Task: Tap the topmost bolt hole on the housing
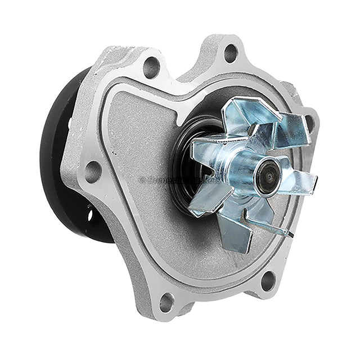tap(231, 53)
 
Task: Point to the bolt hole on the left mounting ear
tap(92, 170)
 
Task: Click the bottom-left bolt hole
tap(166, 301)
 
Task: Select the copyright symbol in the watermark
tap(142, 181)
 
